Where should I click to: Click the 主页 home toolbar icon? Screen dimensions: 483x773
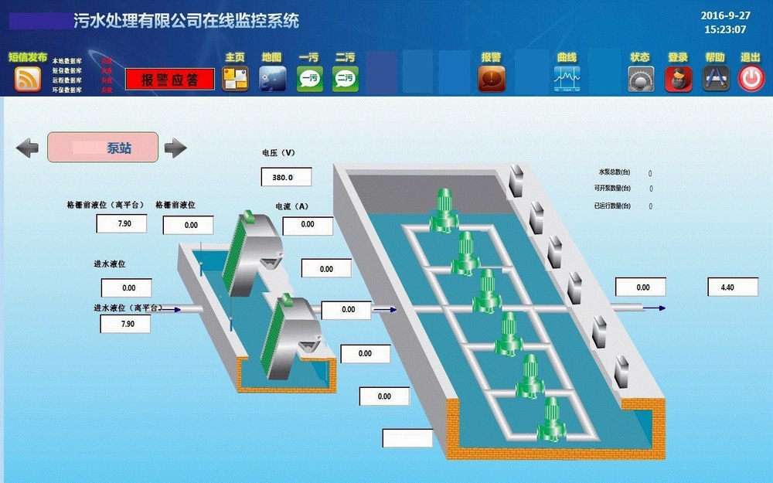pyautogui.click(x=235, y=78)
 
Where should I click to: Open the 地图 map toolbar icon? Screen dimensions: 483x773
pyautogui.click(x=272, y=78)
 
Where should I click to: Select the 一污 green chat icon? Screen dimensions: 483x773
pyautogui.click(x=310, y=78)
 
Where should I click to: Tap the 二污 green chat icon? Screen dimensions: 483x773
pyautogui.click(x=346, y=78)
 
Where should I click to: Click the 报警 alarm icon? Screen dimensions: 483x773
pyautogui.click(x=492, y=78)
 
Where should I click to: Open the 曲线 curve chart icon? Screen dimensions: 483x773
pyautogui.click(x=567, y=78)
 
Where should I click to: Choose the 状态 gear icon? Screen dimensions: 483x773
pyautogui.click(x=641, y=79)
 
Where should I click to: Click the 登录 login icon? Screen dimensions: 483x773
pyautogui.click(x=678, y=79)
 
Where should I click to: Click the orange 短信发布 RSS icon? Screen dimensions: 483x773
pyautogui.click(x=28, y=79)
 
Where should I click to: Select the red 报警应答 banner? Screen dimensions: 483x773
pyautogui.click(x=170, y=80)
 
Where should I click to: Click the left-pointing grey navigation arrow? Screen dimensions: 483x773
pyautogui.click(x=28, y=148)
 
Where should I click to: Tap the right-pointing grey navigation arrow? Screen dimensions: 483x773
pyautogui.click(x=175, y=148)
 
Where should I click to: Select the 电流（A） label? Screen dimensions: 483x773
pyautogui.click(x=292, y=206)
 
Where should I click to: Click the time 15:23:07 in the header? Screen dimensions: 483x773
pyautogui.click(x=725, y=29)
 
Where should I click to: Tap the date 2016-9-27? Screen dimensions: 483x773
pyautogui.click(x=725, y=15)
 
